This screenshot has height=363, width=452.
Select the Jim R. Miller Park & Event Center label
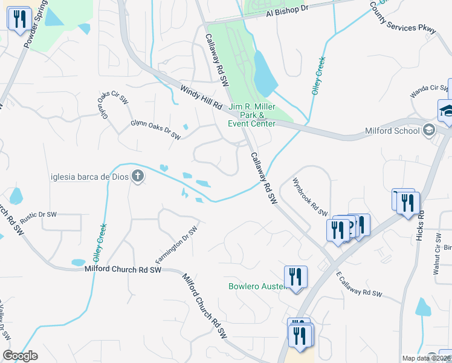tap(251, 115)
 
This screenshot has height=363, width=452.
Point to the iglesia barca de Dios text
tap(89, 177)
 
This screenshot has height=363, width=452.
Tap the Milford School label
tap(392, 131)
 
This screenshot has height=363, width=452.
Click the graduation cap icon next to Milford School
tap(429, 129)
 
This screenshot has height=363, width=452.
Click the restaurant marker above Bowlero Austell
tap(295, 276)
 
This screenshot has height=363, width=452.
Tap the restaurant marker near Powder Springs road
tap(19, 18)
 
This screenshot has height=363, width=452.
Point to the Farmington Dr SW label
tap(177, 246)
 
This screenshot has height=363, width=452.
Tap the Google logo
tap(20, 356)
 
